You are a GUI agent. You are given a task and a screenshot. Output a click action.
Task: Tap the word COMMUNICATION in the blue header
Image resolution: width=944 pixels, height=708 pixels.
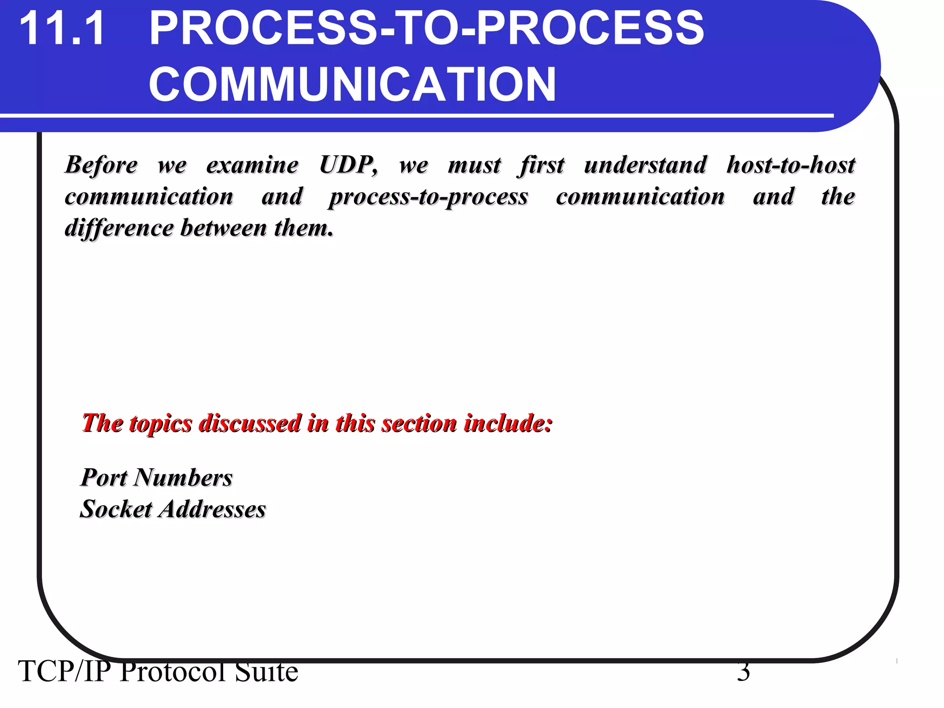pos(352,84)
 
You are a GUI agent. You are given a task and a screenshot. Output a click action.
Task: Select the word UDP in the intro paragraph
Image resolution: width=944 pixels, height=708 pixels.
pos(348,165)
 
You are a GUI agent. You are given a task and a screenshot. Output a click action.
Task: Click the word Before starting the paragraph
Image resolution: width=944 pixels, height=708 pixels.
pos(101,165)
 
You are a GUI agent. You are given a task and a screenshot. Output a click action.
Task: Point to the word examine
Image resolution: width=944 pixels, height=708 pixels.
pos(252,165)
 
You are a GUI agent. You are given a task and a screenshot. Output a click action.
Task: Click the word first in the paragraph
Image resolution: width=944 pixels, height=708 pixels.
pos(541,165)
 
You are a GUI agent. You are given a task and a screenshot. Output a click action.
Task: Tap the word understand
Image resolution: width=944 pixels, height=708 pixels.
pos(645,165)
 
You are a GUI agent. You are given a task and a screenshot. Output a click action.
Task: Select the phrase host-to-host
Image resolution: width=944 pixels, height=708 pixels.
pos(791,165)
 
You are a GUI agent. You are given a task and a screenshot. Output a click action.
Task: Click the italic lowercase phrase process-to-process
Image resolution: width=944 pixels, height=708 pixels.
pos(428,197)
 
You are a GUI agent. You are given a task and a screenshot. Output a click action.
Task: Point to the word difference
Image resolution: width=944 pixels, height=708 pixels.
pos(119,228)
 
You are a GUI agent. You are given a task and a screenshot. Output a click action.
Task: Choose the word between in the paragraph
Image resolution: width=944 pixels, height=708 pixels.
pos(224,228)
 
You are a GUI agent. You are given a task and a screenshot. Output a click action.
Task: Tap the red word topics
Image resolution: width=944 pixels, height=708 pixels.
pos(161,423)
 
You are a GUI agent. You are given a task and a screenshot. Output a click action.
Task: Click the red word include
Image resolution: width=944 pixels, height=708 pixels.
pos(507,423)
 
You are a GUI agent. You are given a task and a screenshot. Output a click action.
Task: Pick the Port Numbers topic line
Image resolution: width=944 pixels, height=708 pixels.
pos(157,478)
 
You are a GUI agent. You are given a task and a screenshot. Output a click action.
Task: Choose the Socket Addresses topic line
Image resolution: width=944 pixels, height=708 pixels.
pos(173,509)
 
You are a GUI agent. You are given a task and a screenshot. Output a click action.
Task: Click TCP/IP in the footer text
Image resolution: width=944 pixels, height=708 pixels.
pos(65,672)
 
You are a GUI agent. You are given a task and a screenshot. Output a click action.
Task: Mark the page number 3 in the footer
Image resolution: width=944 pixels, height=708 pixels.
pos(743,672)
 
